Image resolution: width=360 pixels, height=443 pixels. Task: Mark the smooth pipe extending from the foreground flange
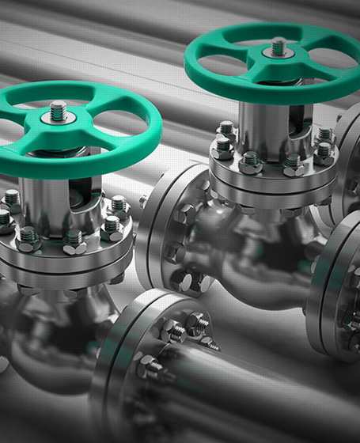pos(269,396)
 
